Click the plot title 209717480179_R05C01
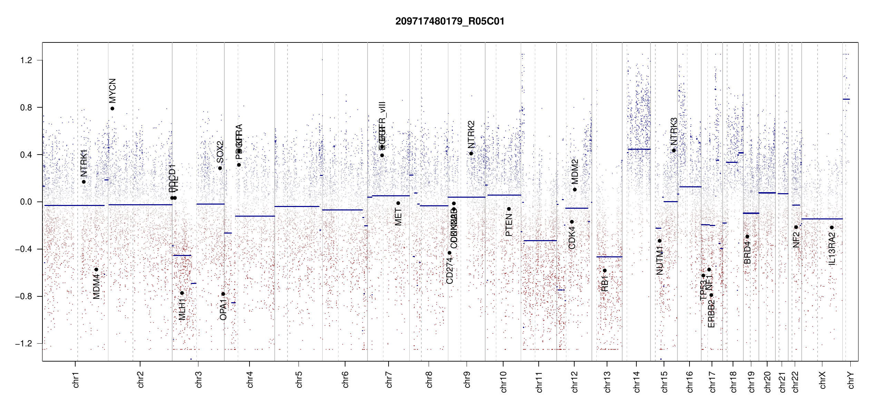coord(450,21)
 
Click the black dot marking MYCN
coord(112,109)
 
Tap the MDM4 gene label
coord(97,286)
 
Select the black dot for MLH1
coord(182,293)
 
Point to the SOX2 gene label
coord(220,152)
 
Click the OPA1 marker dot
coord(223,294)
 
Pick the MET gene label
coord(398,217)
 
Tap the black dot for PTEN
coord(509,209)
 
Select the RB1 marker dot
coord(605,270)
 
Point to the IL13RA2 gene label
coord(832,249)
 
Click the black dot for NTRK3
coord(674,150)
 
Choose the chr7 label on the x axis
coord(389,379)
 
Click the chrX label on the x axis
coord(822,380)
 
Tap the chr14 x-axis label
coord(637,382)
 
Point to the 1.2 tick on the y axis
coord(26,60)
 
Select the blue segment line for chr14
coord(639,149)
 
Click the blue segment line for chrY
coord(846,99)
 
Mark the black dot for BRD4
coord(747,237)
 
